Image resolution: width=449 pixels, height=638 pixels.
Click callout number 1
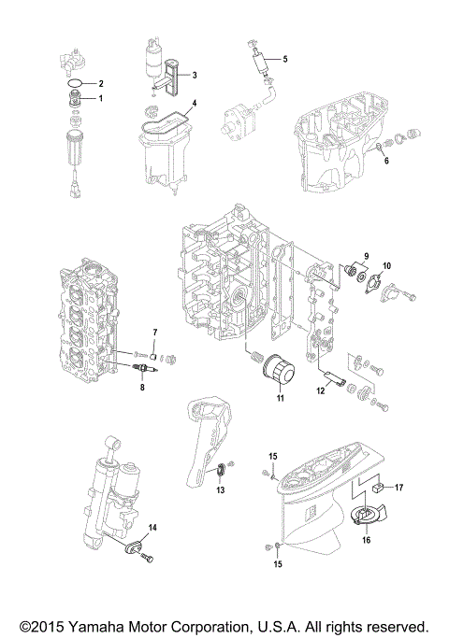(102, 98)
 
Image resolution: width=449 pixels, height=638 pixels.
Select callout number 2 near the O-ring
(102, 84)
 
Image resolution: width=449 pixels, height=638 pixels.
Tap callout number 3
(194, 75)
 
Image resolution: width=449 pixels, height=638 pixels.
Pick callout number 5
(285, 59)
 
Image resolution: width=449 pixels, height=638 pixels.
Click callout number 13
(222, 489)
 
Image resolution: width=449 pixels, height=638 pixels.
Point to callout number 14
(152, 528)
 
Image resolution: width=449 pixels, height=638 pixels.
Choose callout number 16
(366, 539)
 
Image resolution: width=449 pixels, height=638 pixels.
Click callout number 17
(398, 487)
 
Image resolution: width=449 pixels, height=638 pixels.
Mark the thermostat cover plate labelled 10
(383, 291)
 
